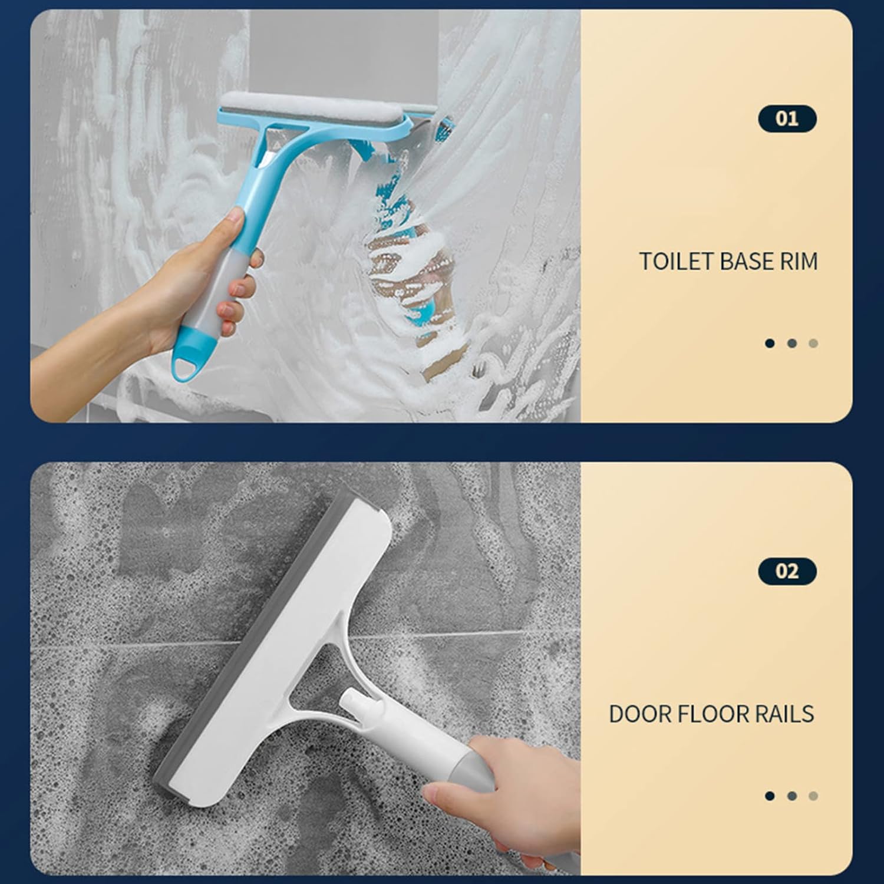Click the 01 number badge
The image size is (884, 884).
pos(787,118)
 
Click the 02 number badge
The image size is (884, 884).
pos(787,571)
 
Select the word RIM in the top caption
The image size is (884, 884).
pos(799,261)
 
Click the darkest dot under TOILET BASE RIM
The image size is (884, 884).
pos(770,343)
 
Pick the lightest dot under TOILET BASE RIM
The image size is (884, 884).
pos(813,343)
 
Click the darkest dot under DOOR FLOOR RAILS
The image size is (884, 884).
pos(770,796)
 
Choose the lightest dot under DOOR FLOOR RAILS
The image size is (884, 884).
pos(813,796)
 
